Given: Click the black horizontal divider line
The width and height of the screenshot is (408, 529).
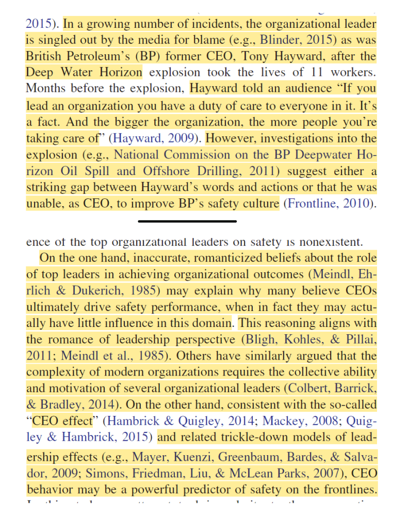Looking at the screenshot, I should point(187,221).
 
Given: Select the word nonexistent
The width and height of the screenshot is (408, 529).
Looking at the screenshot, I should point(327,241).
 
